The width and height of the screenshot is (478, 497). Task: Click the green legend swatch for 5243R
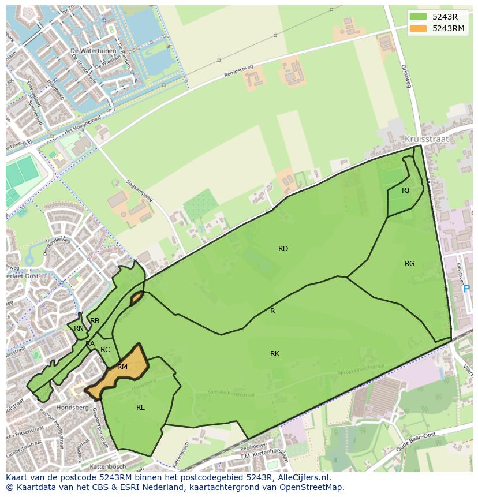(x=419, y=16)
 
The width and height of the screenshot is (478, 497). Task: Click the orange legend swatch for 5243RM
(x=419, y=28)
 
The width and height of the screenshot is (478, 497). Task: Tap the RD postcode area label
(x=283, y=249)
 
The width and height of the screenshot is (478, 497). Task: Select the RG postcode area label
(x=409, y=264)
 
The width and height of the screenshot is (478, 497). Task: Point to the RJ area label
(x=405, y=190)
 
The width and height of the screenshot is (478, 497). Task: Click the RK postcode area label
(x=275, y=354)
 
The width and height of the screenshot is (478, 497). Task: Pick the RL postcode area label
(x=140, y=408)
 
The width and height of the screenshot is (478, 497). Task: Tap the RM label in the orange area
(x=122, y=367)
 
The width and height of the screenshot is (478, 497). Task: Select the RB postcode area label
(x=95, y=321)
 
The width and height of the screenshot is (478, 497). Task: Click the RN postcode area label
(x=79, y=328)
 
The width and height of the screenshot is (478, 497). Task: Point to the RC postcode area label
(x=105, y=350)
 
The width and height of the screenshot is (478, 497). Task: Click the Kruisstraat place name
(x=427, y=139)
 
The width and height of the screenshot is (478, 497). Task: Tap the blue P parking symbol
(x=466, y=289)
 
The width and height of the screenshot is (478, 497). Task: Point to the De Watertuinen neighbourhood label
(x=89, y=51)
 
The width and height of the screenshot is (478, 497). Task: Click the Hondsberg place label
(x=72, y=408)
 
